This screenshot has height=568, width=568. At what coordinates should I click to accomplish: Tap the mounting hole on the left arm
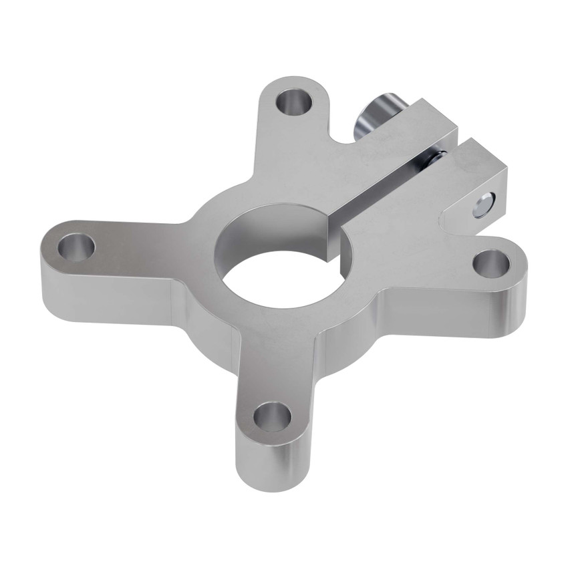point(76,247)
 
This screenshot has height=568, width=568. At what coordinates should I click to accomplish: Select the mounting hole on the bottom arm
point(272,417)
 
